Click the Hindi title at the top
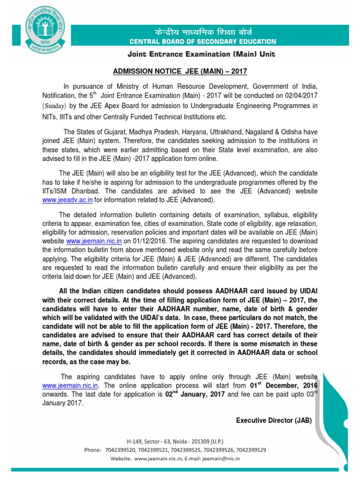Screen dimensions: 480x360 tap(200, 32)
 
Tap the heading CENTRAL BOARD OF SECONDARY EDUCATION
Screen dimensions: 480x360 tap(200, 41)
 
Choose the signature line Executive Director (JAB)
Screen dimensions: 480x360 tap(274, 420)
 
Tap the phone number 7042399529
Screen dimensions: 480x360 tap(251, 450)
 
